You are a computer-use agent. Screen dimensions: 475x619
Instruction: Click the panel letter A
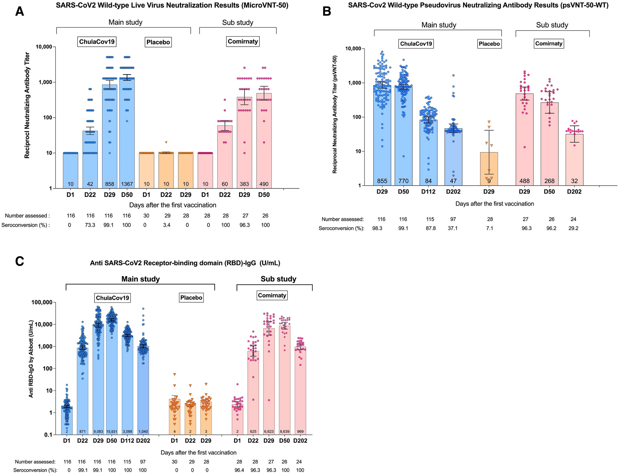19,12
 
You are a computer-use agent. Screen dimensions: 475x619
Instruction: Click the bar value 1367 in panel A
127,184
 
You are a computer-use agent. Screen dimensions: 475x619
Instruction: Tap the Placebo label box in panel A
158,42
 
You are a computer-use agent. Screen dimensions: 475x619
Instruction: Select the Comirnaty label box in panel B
548,44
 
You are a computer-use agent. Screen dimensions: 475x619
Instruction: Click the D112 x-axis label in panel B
428,192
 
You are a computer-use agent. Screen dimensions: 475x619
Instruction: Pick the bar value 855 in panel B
382,181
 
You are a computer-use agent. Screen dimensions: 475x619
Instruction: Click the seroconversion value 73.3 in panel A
90,225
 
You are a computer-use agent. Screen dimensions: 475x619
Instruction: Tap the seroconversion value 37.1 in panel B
453,228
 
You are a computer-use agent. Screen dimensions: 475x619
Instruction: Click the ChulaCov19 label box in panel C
112,298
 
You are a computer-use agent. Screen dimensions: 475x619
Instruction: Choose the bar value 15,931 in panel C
112,432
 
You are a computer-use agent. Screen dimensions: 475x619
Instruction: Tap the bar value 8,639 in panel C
284,432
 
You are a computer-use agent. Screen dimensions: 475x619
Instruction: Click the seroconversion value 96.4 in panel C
239,470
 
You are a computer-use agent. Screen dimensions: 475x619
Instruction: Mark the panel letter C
19,261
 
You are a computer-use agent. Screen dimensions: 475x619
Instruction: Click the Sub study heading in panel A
238,22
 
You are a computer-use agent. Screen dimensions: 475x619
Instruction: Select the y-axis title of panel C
31,358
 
